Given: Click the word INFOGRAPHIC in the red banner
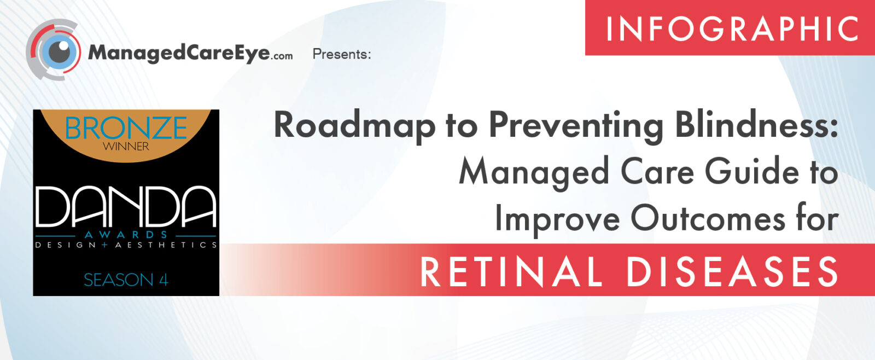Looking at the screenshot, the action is click(x=732, y=28).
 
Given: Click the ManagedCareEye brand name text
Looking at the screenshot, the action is click(x=179, y=53).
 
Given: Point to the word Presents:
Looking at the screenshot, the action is click(x=342, y=54).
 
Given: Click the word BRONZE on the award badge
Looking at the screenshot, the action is click(x=126, y=128).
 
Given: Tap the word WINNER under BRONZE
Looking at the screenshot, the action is click(x=126, y=147).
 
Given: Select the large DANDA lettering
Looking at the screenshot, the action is click(x=126, y=207).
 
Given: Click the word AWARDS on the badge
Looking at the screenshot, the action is click(x=126, y=235).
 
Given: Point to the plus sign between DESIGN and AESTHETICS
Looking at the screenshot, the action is click(x=104, y=245).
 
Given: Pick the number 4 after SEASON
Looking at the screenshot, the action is click(x=164, y=280).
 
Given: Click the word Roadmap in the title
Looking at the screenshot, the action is click(x=355, y=126).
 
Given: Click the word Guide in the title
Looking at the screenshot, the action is click(x=752, y=172).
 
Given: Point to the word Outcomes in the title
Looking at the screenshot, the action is click(x=708, y=219).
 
